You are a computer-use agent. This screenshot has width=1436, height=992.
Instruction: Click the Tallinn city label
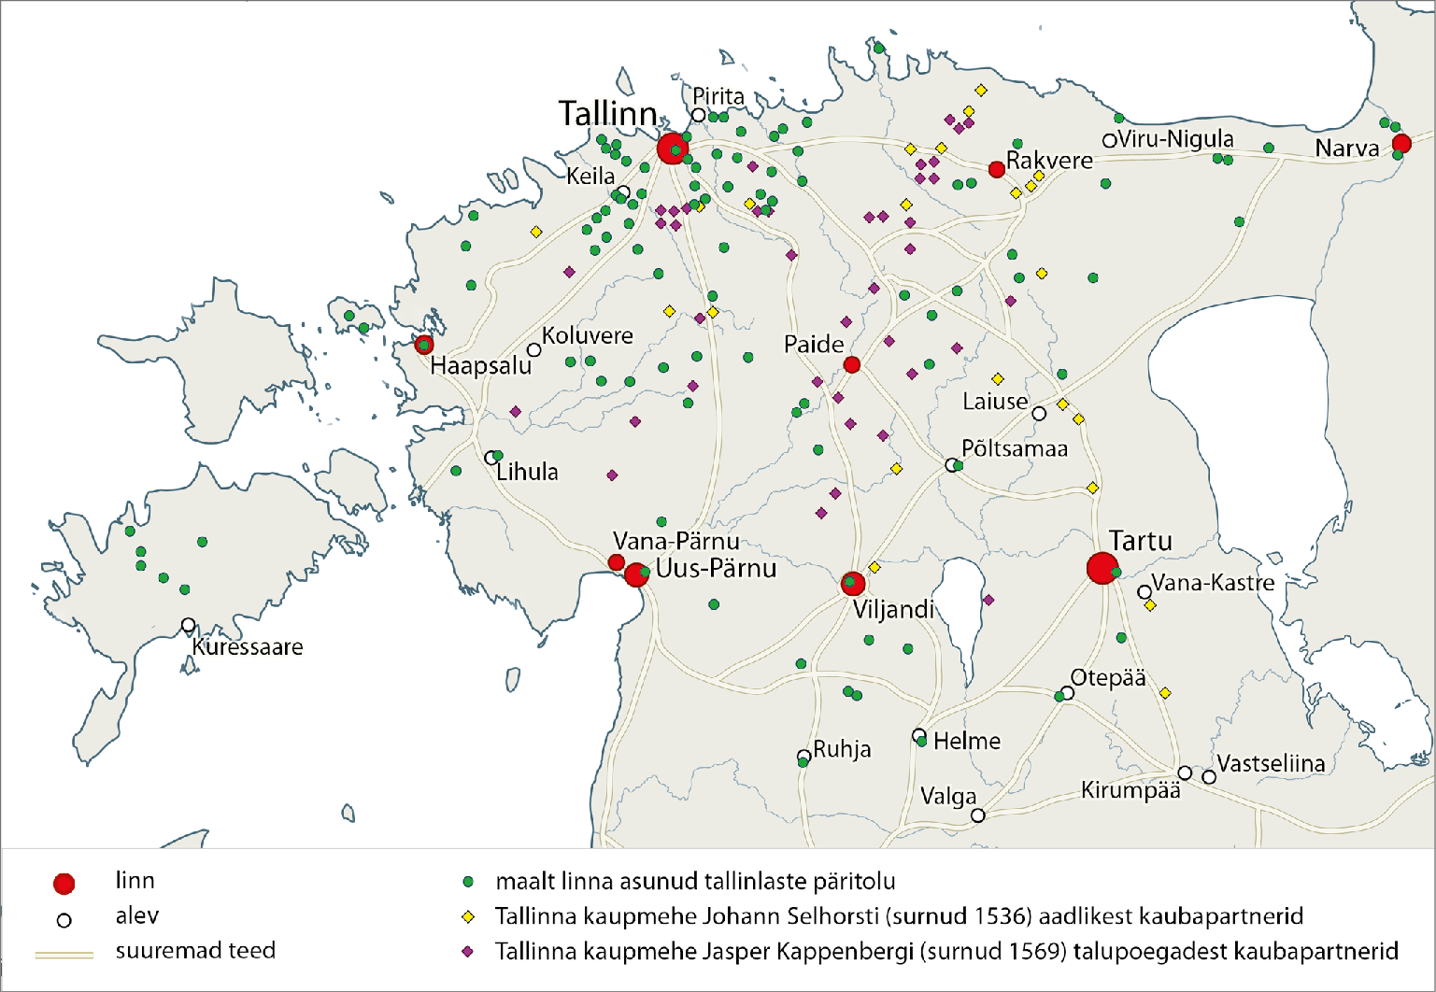(608, 114)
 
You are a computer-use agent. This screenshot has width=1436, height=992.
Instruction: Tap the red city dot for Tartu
(1102, 568)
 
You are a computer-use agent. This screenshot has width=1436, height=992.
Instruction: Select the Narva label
(1346, 149)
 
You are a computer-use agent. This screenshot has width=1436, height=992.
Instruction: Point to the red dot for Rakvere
(997, 169)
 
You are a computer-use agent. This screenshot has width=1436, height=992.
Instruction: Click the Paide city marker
(852, 364)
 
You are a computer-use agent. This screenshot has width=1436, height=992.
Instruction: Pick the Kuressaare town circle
(189, 625)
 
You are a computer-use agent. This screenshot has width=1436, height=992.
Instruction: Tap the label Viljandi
(893, 610)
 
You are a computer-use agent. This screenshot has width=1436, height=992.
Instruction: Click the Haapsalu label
(480, 365)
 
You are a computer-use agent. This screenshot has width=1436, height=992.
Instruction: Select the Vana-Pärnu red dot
(617, 562)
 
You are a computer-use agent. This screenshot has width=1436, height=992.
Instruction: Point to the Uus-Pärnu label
(716, 569)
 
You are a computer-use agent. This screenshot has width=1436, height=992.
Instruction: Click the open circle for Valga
(978, 815)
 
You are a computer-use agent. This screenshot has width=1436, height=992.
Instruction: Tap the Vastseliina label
(1271, 764)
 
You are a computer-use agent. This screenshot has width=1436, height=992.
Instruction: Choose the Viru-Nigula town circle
(1109, 141)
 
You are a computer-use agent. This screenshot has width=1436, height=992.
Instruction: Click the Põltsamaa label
(1015, 448)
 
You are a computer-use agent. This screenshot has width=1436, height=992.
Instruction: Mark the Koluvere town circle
(533, 350)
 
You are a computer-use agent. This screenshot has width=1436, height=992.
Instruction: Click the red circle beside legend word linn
(64, 884)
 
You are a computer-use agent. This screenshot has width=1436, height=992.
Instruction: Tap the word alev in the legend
(137, 916)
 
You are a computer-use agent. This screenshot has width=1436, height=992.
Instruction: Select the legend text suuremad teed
(195, 951)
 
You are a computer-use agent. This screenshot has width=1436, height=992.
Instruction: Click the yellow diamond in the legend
(468, 917)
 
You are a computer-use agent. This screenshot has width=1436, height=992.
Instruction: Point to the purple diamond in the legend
(468, 952)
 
